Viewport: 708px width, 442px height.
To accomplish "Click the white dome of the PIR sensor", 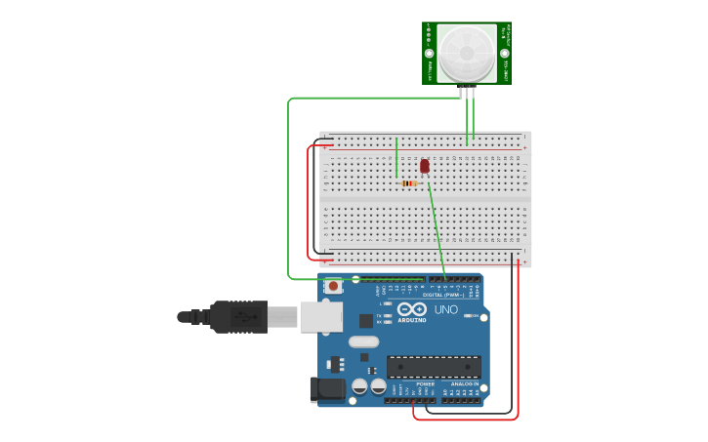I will pos(467,54).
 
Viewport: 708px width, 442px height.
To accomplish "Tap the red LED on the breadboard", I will pos(425,166).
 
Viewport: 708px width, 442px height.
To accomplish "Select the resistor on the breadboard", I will pos(409,183).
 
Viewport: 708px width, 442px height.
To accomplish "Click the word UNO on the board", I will pos(446,310).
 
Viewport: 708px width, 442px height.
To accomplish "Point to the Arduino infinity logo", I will pos(412,309).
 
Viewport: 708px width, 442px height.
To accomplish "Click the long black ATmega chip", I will pos(434,366).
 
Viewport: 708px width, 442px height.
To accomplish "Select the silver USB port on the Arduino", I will pos(321,316).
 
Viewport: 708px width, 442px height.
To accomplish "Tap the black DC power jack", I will pos(327,389).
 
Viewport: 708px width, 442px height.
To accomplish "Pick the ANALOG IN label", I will pos(464,384).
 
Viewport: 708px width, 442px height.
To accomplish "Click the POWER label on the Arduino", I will pos(426,384).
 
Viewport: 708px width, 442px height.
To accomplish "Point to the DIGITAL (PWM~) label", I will pos(442,294).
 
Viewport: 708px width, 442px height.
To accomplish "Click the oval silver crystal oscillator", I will pos(363,342).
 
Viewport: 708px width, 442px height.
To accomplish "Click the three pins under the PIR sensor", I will pos(468,93).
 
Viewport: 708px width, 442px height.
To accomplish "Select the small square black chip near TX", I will pos(366,319).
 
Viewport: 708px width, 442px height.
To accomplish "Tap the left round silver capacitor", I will pos(359,387).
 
